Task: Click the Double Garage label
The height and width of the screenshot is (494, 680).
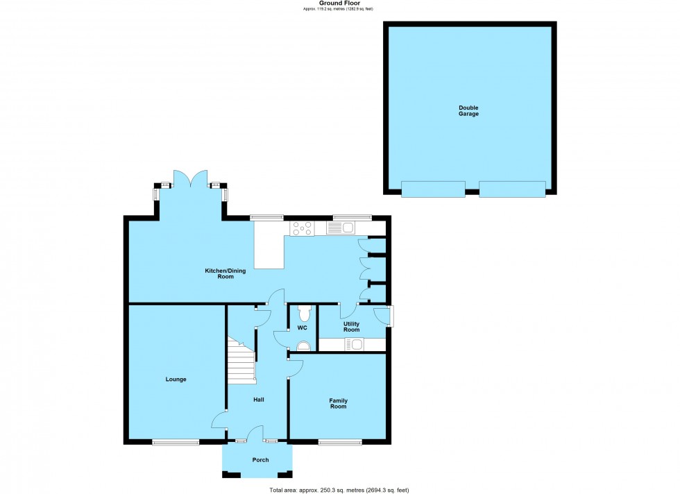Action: click(468, 110)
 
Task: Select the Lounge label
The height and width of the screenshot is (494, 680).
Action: click(176, 379)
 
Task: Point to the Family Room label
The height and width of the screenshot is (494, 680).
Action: click(338, 403)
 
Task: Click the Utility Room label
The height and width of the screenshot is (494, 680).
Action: click(351, 326)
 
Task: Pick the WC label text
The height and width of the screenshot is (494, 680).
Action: click(302, 327)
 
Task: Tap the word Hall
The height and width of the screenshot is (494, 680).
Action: click(258, 400)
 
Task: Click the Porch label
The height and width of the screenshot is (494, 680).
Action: click(260, 459)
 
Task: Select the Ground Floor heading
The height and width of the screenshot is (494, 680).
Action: click(339, 3)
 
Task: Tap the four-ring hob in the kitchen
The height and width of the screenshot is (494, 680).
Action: click(303, 227)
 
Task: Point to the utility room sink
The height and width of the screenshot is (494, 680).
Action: click(354, 343)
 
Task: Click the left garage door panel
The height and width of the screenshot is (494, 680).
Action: click(433, 189)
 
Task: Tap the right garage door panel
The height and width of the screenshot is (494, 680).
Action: click(512, 189)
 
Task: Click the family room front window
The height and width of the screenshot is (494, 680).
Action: click(340, 441)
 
